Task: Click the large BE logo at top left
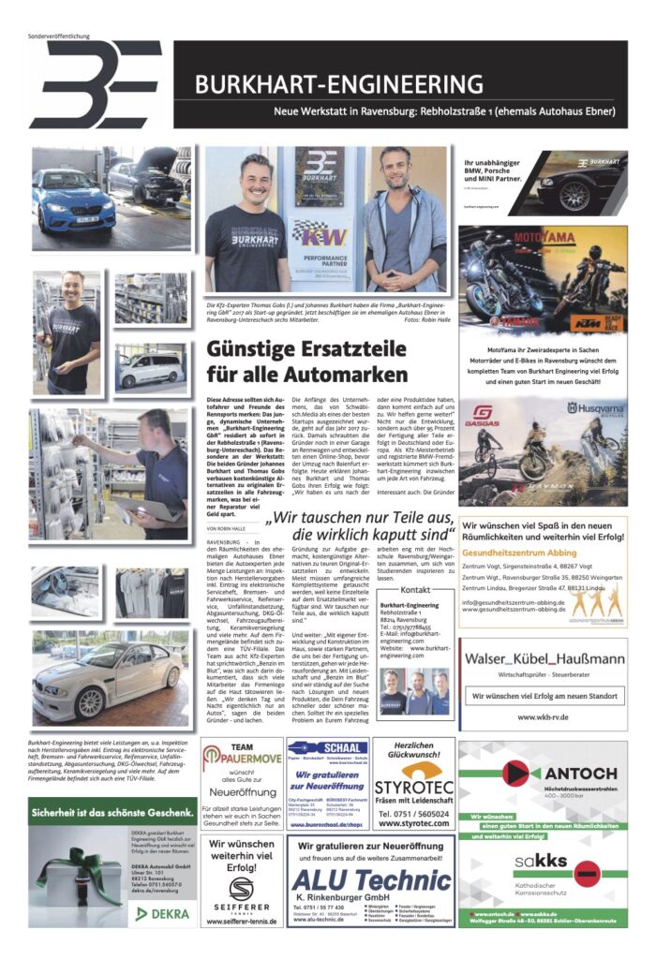click(x=96, y=84)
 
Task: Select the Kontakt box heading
click(x=415, y=590)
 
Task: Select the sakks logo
click(x=538, y=866)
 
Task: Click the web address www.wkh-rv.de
click(x=544, y=717)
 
